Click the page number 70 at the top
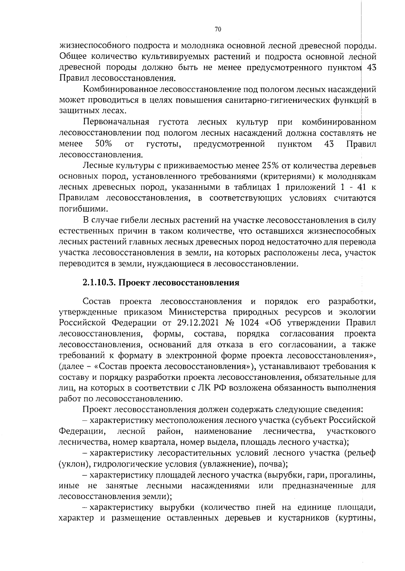pos(218,30)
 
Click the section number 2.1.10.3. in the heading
pos(99,283)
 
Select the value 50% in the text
pos(103,144)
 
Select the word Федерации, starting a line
pos(81,431)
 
